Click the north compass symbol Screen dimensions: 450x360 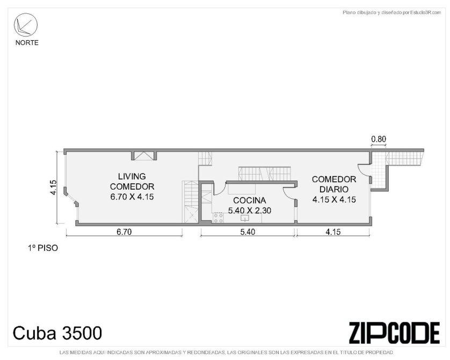[26, 25]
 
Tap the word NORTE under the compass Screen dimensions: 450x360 [27, 43]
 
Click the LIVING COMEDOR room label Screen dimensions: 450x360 [132, 182]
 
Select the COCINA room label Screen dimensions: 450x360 [249, 200]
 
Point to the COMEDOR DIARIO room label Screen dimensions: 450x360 [334, 184]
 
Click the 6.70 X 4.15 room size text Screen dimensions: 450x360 [132, 197]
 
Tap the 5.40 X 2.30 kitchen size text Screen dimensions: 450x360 [249, 211]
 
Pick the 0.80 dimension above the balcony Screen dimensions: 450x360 [379, 139]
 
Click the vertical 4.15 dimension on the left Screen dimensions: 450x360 [53, 188]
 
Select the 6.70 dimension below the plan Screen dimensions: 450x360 [124, 232]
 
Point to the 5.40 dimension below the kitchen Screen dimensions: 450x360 [248, 232]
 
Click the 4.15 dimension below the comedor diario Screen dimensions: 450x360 [333, 232]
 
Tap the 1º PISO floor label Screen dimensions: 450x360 [43, 248]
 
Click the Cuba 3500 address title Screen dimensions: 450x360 [57, 333]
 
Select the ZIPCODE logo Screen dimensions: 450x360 [394, 333]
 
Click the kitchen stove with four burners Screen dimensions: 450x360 [218, 218]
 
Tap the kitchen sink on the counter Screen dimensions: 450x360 [244, 218]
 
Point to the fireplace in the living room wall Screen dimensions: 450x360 [144, 155]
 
